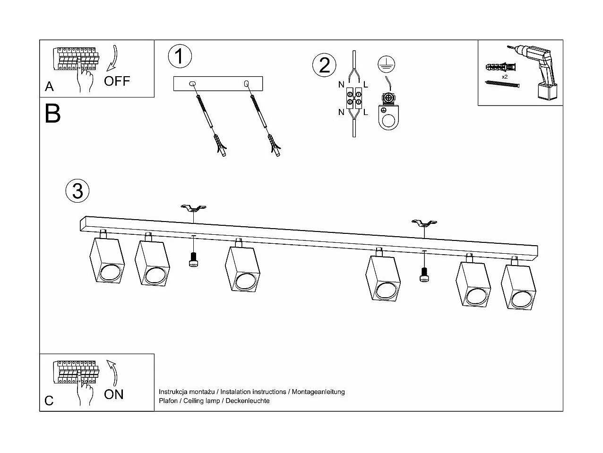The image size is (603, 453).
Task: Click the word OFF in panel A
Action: pyautogui.click(x=116, y=81)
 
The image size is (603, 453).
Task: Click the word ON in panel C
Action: pyautogui.click(x=113, y=394)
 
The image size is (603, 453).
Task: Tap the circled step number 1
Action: pyautogui.click(x=180, y=56)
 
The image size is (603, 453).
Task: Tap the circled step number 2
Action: pyautogui.click(x=324, y=65)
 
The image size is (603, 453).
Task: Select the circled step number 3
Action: pyautogui.click(x=78, y=191)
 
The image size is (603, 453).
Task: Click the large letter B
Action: pyautogui.click(x=52, y=114)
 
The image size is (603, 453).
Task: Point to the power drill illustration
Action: pyautogui.click(x=539, y=71)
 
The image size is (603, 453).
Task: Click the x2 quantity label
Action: pyautogui.click(x=505, y=76)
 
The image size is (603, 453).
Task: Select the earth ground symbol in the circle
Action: pyautogui.click(x=386, y=64)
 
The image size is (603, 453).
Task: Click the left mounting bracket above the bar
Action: pyautogui.click(x=193, y=208)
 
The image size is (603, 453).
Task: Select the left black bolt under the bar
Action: pyautogui.click(x=193, y=260)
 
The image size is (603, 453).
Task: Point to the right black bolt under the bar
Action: pyautogui.click(x=424, y=274)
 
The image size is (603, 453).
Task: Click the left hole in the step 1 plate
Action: pyautogui.click(x=191, y=84)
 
